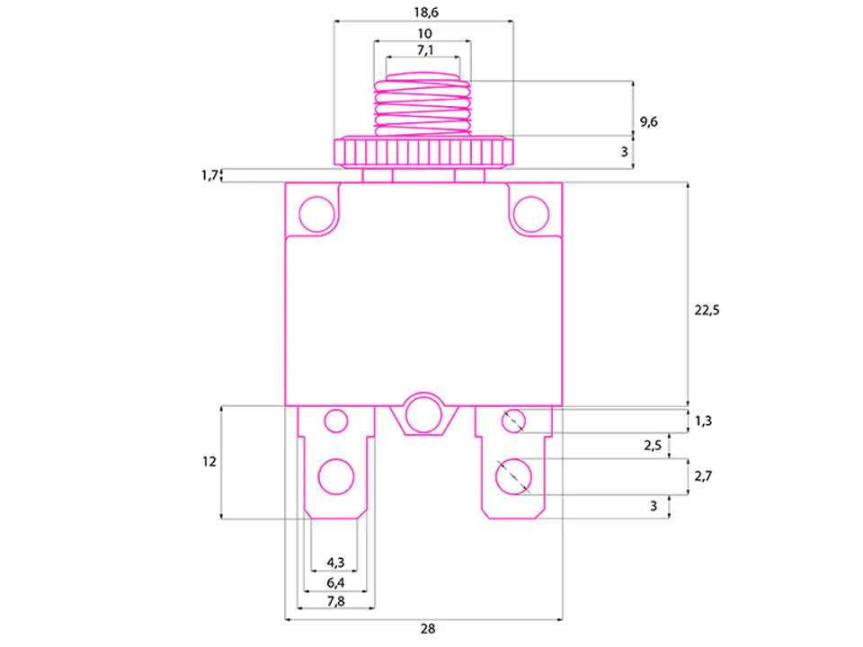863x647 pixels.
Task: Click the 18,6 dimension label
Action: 426,12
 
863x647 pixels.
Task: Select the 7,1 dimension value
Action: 425,50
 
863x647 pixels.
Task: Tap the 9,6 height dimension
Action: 648,121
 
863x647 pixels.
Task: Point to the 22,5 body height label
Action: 707,310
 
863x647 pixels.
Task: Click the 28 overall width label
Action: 428,628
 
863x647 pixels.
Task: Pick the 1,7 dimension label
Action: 209,175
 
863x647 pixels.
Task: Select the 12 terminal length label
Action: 209,462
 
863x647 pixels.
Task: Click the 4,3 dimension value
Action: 335,563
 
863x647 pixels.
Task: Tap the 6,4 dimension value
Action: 335,582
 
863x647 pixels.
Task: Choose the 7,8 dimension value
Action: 335,601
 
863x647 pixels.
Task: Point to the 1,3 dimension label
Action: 703,421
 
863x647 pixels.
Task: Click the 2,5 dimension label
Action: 653,445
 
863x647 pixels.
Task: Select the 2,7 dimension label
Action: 703,476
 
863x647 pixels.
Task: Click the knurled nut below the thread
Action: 423,152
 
